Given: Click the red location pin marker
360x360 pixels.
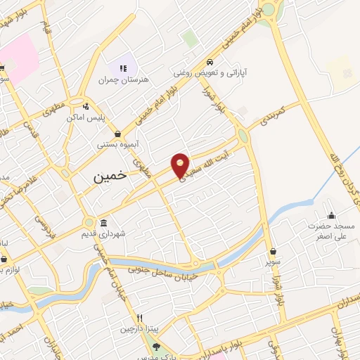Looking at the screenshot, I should tap(181, 164).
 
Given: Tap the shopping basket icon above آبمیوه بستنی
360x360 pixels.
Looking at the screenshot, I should tap(117, 133).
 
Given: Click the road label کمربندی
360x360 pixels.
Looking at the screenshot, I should tap(272, 116).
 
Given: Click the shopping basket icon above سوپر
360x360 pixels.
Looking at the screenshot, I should tap(273, 250).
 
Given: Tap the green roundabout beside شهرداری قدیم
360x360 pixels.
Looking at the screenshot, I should tap(89, 222).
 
